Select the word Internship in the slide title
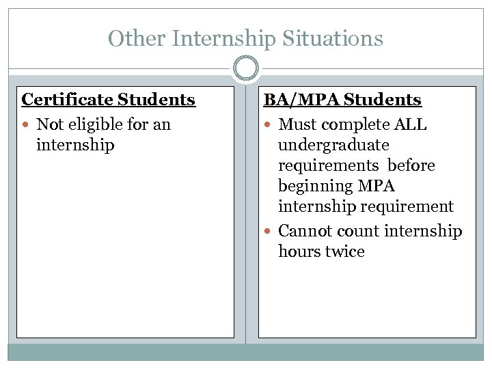click(x=223, y=38)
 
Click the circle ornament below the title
click(x=246, y=68)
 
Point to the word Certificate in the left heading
click(x=67, y=100)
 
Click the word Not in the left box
click(x=49, y=124)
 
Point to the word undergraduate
click(x=333, y=145)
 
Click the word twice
click(x=345, y=251)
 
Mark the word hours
click(x=299, y=251)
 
